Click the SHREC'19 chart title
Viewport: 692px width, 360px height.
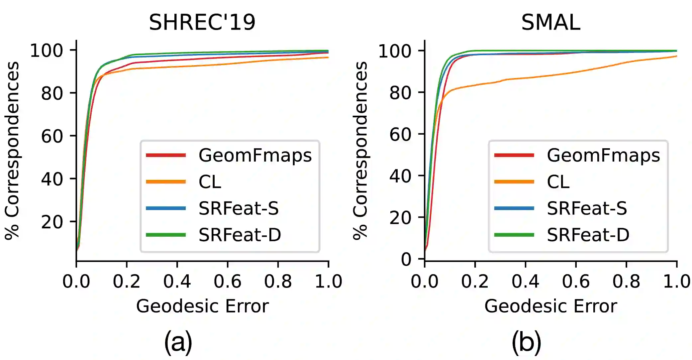202,23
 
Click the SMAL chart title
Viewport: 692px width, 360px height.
550,23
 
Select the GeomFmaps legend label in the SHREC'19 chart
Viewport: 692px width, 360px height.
255,155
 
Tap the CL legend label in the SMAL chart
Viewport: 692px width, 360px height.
558,182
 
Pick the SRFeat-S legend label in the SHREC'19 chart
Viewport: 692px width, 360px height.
239,208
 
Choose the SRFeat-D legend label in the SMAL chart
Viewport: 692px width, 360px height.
588,235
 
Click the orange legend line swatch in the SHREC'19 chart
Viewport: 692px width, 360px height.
166,182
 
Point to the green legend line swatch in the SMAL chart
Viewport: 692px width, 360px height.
514,235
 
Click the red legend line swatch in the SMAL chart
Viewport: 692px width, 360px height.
514,155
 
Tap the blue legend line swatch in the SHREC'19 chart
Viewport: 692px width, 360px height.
166,208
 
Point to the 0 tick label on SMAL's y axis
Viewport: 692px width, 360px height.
406,259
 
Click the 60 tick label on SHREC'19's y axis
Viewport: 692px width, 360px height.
52,136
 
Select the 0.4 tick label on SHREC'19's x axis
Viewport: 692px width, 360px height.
177,282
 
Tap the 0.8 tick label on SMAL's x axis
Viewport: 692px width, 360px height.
626,282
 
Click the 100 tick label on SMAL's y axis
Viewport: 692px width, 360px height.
395,51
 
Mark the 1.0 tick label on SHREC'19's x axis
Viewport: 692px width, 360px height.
328,282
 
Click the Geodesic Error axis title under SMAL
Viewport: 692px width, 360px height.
550,306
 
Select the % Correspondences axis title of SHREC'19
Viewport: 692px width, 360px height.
12,150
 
